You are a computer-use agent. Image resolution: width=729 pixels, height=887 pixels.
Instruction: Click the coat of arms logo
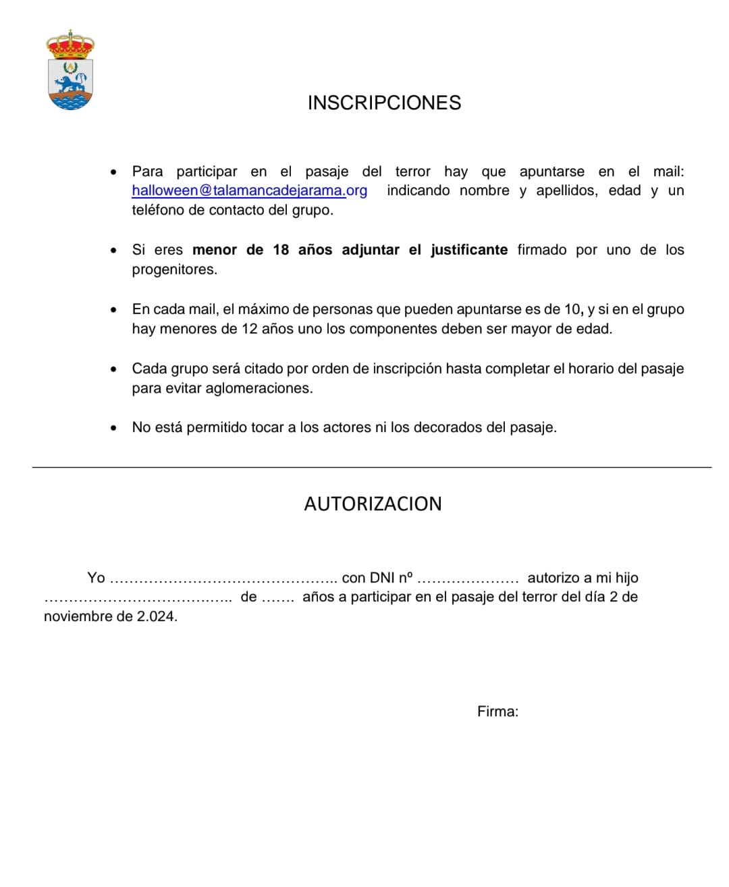click(70, 71)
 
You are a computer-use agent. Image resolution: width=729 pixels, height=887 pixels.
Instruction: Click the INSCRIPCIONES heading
click(384, 103)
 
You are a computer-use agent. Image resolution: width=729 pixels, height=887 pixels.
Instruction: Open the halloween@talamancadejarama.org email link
click(250, 190)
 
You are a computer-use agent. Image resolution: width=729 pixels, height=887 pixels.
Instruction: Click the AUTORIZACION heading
click(373, 504)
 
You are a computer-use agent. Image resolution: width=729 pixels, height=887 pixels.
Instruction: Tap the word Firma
click(497, 711)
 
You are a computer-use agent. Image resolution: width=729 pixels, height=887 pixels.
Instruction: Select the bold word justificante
click(469, 250)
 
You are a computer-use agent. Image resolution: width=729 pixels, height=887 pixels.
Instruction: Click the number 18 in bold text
click(281, 250)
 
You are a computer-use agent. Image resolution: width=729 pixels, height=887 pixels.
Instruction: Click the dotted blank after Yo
click(223, 579)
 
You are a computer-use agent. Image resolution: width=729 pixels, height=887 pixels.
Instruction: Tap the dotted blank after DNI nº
click(468, 579)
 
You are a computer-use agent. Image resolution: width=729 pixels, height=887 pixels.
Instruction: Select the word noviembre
click(78, 616)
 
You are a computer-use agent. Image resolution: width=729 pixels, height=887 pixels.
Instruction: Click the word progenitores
click(174, 269)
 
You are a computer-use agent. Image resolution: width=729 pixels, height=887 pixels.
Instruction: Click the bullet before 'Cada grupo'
click(113, 369)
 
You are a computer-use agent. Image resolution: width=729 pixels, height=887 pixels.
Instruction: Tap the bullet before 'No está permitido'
click(113, 428)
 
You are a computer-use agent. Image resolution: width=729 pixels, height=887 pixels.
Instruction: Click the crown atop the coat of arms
click(70, 44)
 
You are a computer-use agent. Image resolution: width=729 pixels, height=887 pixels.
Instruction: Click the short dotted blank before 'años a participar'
click(277, 597)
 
